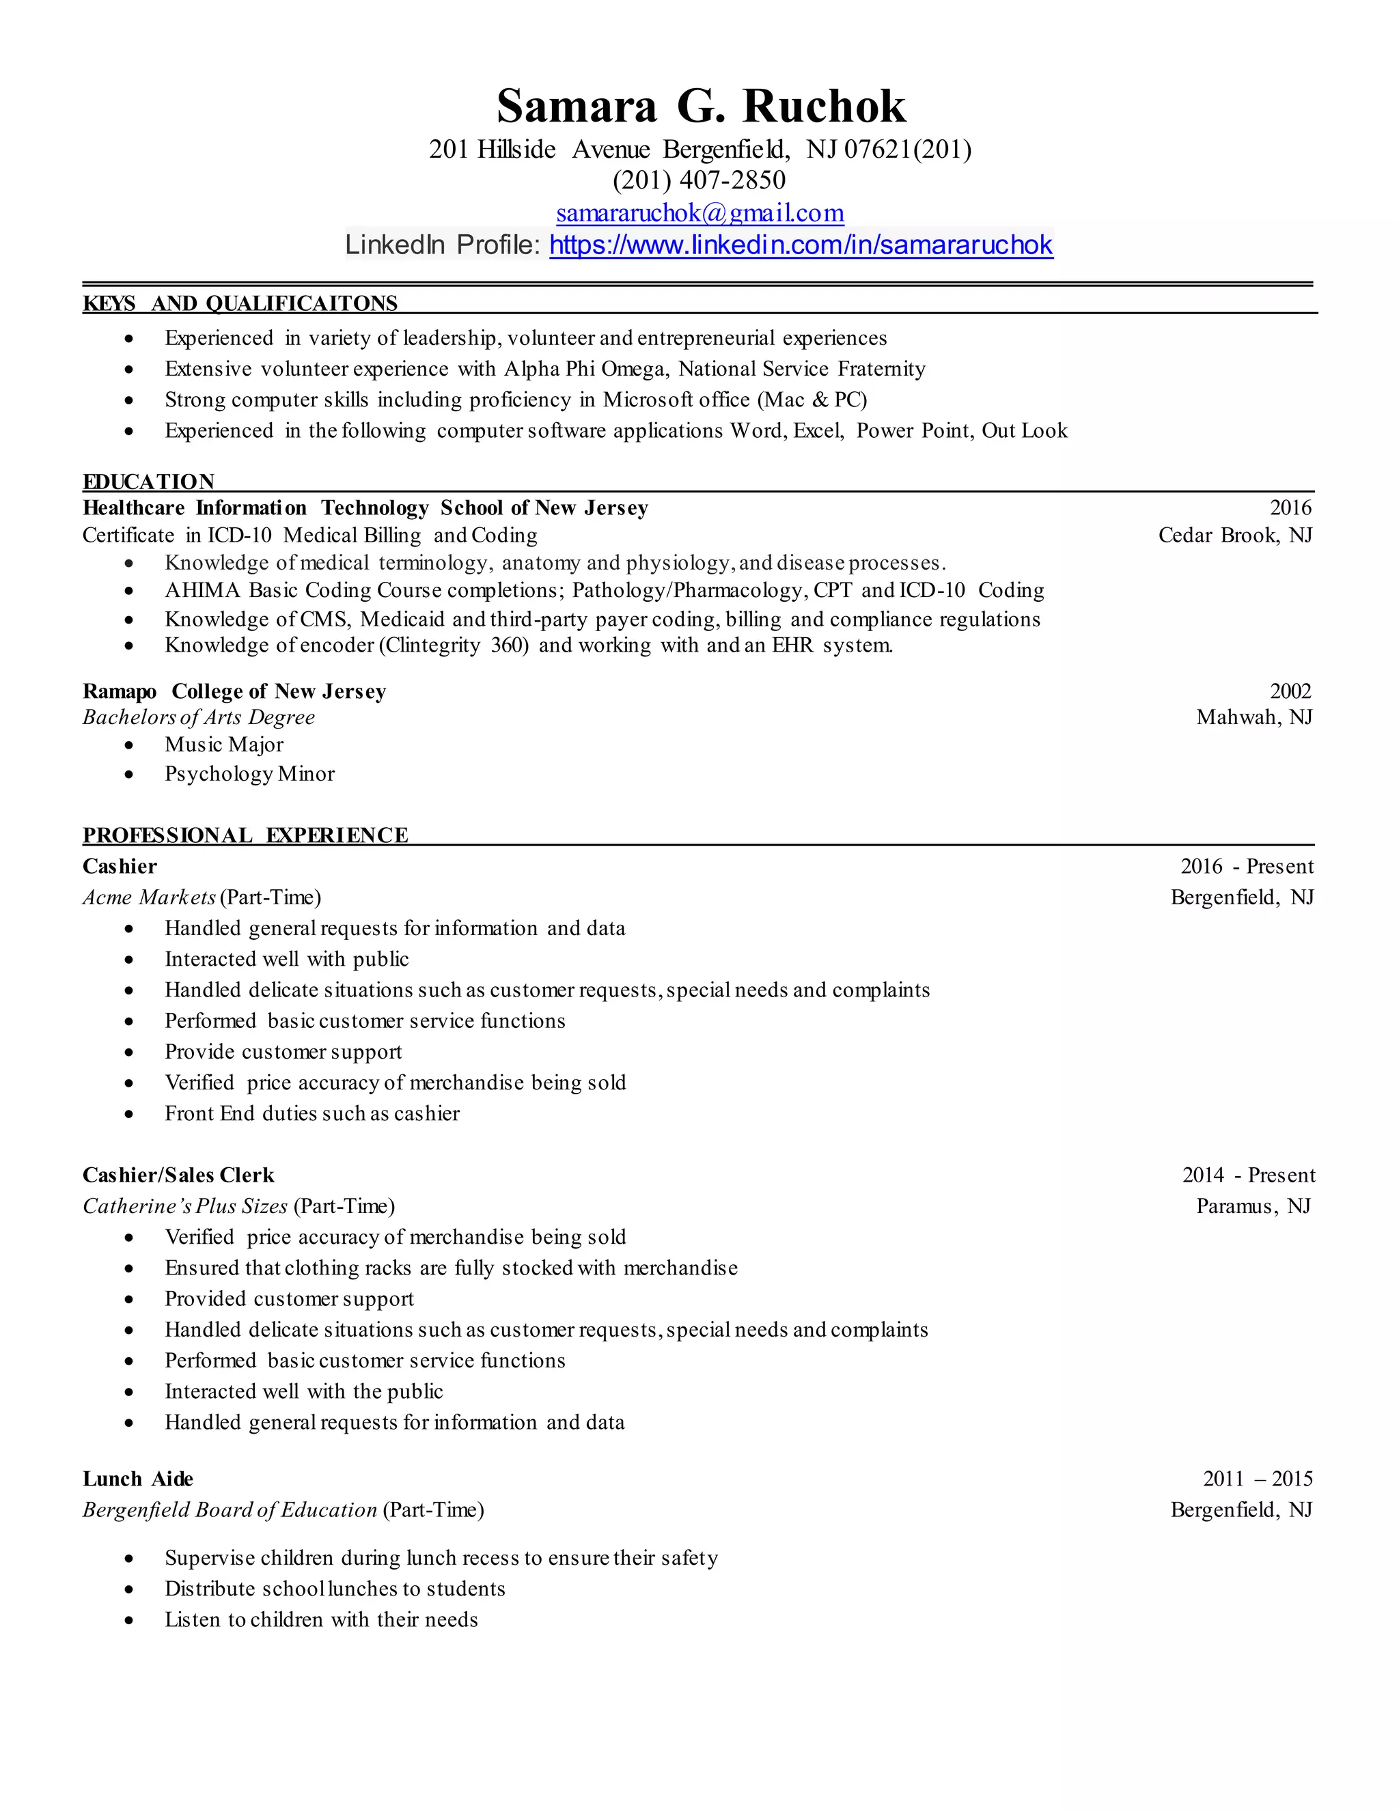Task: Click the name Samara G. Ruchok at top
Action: coord(700,106)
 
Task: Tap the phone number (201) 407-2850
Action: coord(699,180)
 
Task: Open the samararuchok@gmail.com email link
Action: coord(699,213)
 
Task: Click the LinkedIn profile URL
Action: coord(801,245)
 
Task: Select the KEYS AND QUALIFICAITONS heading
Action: coord(240,303)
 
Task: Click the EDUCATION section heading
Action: coord(148,482)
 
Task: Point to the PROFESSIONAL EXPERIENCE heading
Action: coord(245,835)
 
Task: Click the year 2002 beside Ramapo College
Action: coord(1290,691)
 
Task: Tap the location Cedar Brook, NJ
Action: coord(1235,535)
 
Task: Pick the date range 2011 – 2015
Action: coord(1258,1479)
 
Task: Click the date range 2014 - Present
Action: coord(1248,1175)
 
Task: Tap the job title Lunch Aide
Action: coord(137,1479)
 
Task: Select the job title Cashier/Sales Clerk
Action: coord(178,1175)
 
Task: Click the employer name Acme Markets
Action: coord(149,897)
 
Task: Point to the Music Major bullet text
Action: coord(224,744)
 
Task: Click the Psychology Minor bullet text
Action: coord(249,773)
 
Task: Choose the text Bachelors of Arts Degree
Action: coord(198,717)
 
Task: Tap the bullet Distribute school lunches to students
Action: coord(335,1589)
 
